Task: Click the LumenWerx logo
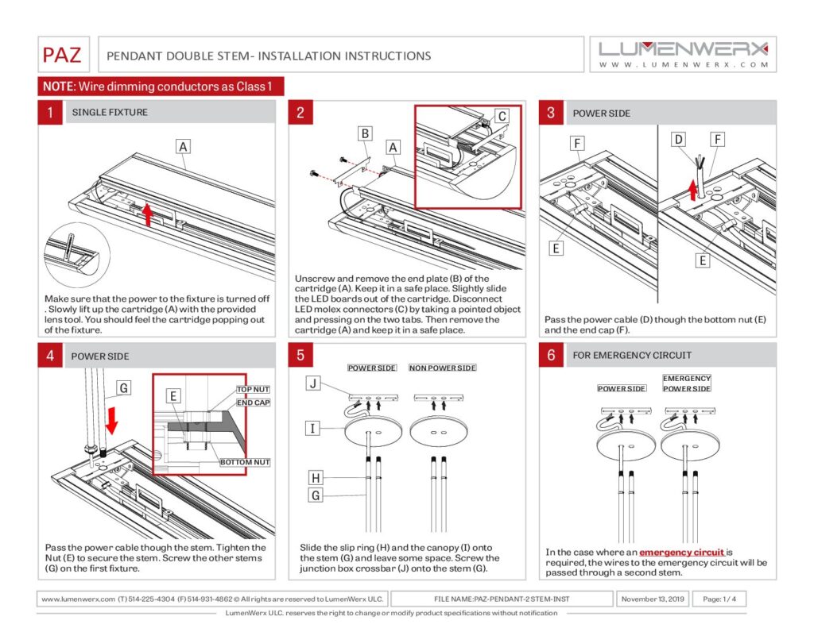(684, 53)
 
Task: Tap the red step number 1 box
(50, 113)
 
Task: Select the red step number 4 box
(50, 356)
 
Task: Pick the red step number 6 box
(551, 356)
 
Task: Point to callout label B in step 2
(365, 133)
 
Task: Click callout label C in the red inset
(502, 116)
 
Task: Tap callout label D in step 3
(678, 141)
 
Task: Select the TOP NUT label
(253, 390)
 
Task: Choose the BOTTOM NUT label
(245, 462)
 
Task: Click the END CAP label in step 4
(253, 403)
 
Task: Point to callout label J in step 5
(314, 384)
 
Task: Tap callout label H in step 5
(316, 477)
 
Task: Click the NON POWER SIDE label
(443, 368)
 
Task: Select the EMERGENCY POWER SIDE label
(687, 383)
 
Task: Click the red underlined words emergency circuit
(682, 552)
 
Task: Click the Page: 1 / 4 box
(719, 599)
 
